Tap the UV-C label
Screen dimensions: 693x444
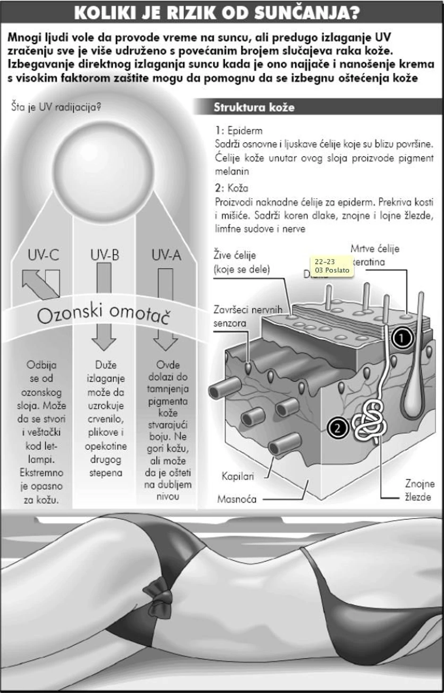pyautogui.click(x=43, y=256)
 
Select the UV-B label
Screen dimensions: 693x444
pyautogui.click(x=104, y=256)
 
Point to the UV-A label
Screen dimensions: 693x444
pyautogui.click(x=166, y=256)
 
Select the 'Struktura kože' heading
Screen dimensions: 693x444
pyautogui.click(x=254, y=107)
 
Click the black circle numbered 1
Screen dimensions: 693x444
pyautogui.click(x=402, y=338)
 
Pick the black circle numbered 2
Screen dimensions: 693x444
pyautogui.click(x=338, y=428)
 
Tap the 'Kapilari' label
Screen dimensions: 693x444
pyautogui.click(x=238, y=476)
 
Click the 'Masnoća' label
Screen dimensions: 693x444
pyautogui.click(x=237, y=499)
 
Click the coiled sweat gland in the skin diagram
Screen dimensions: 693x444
pyautogui.click(x=370, y=421)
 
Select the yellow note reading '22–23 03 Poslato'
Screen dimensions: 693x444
pyautogui.click(x=332, y=266)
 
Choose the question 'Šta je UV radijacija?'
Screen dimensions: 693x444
pyautogui.click(x=56, y=107)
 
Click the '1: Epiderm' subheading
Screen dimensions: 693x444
pyautogui.click(x=239, y=130)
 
